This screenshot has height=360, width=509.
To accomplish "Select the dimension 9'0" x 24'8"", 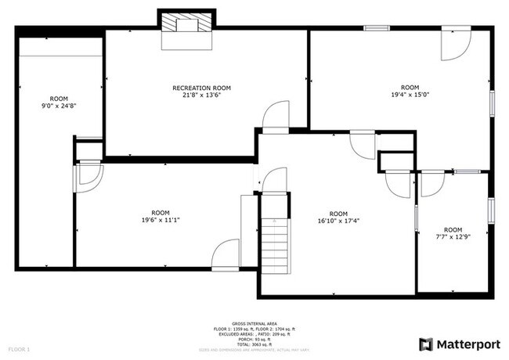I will pyautogui.click(x=53, y=106).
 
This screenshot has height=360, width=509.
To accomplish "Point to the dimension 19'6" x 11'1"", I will pyautogui.click(x=160, y=220).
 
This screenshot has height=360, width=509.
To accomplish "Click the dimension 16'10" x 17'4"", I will pyautogui.click(x=338, y=221).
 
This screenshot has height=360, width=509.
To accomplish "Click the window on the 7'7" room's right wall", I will pyautogui.click(x=492, y=209).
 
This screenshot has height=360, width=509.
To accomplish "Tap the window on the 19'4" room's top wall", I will pyautogui.click(x=377, y=29).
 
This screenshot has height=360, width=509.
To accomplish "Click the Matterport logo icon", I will pyautogui.click(x=426, y=344).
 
